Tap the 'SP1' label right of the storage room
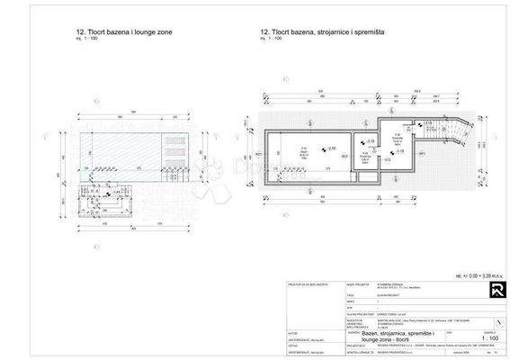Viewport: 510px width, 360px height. (x=423, y=153)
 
